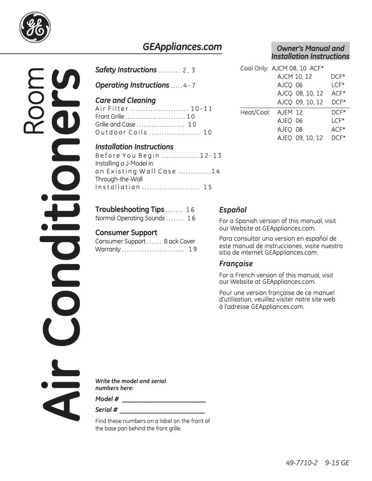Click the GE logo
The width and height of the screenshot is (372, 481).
tap(35, 27)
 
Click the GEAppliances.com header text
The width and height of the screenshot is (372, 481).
tap(182, 47)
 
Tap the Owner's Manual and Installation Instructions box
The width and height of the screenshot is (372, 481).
tap(310, 52)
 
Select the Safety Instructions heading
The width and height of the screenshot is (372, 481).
tap(126, 70)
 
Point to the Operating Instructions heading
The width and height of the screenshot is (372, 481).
tap(132, 85)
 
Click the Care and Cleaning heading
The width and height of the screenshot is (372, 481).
tap(125, 100)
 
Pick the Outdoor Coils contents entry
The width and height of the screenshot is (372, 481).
tap(121, 132)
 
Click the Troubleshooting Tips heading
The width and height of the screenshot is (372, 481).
tap(130, 210)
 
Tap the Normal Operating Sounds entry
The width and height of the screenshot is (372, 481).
tap(130, 218)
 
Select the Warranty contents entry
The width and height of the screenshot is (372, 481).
tap(108, 249)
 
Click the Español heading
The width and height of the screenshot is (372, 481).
tap(233, 210)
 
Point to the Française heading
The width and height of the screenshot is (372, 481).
tap(236, 263)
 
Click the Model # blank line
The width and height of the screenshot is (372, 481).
tap(163, 400)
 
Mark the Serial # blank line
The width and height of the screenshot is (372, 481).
tap(162, 410)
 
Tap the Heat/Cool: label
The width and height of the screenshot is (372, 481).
tap(255, 112)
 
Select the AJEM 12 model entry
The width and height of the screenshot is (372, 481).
tap(290, 112)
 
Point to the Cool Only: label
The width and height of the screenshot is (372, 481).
tap(254, 68)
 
